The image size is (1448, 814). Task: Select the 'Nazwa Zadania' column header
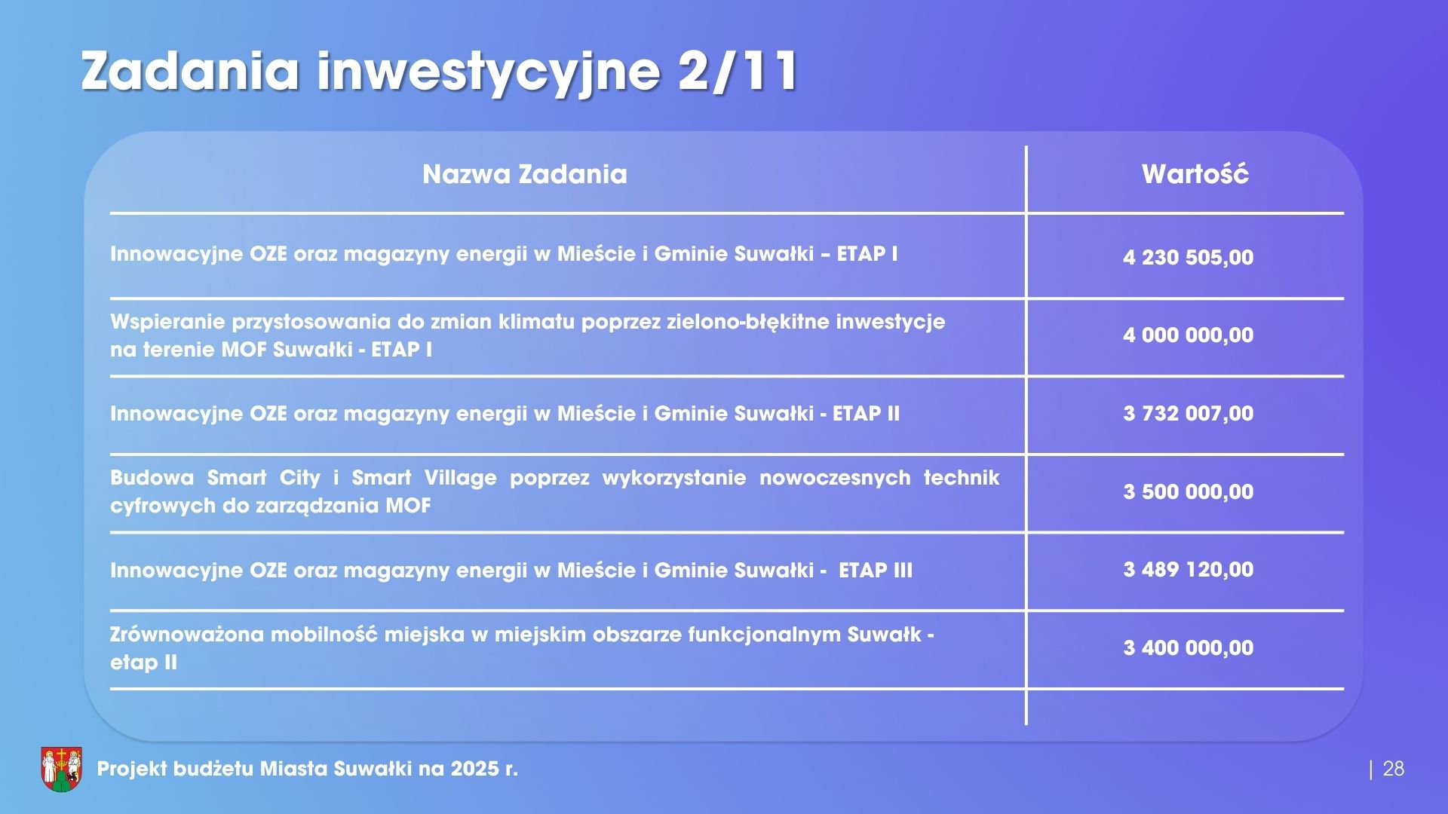tap(525, 174)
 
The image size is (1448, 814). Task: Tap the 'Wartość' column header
tap(1195, 173)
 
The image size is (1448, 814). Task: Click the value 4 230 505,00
tap(1189, 258)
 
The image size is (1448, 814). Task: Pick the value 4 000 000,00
tap(1189, 335)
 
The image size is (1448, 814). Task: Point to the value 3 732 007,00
tap(1189, 414)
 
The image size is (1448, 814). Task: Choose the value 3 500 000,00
tap(1189, 492)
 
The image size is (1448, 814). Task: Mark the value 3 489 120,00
tap(1189, 569)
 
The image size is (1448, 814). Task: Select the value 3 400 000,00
tap(1189, 648)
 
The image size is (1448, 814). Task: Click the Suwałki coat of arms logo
tap(61, 769)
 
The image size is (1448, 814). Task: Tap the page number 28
tap(1394, 769)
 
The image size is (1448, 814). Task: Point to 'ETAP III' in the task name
tap(876, 570)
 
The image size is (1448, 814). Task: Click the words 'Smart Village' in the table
tap(425, 478)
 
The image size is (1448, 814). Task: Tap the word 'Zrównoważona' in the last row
tap(187, 635)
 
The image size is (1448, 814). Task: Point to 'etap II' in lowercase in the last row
tap(144, 663)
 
